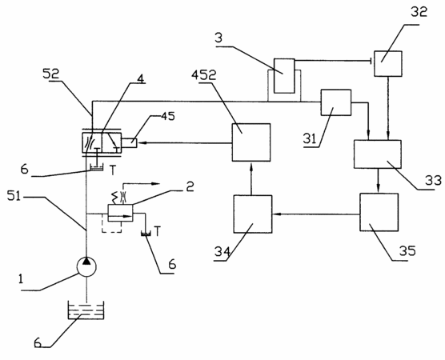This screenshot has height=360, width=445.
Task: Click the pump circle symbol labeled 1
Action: pyautogui.click(x=86, y=266)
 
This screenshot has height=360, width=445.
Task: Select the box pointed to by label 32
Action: pyautogui.click(x=387, y=63)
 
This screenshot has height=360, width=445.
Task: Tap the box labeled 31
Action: pyautogui.click(x=335, y=102)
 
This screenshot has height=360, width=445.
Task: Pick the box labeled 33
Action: pyautogui.click(x=378, y=154)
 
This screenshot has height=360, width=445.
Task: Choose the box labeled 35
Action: pyautogui.click(x=379, y=212)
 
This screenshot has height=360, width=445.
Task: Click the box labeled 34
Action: pyautogui.click(x=253, y=214)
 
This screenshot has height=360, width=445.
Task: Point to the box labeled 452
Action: pyautogui.click(x=251, y=142)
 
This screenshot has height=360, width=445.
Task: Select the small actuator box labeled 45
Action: pyautogui.click(x=130, y=142)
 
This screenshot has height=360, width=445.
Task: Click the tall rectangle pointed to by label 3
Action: pyautogui.click(x=284, y=76)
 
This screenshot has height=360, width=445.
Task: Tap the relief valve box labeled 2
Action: pyautogui.click(x=120, y=213)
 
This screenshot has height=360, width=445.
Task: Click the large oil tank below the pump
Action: pyautogui.click(x=86, y=310)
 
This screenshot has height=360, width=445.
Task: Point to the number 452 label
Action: pyautogui.click(x=204, y=75)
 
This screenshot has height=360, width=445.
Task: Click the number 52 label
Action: pyautogui.click(x=50, y=74)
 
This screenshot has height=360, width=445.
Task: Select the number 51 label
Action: pyautogui.click(x=14, y=196)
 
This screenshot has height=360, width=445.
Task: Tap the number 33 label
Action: pyautogui.click(x=433, y=181)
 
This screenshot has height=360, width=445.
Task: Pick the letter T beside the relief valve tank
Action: pyautogui.click(x=157, y=231)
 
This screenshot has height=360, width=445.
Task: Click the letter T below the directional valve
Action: pyautogui.click(x=113, y=170)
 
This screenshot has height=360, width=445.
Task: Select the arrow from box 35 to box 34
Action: pyautogui.click(x=316, y=214)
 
